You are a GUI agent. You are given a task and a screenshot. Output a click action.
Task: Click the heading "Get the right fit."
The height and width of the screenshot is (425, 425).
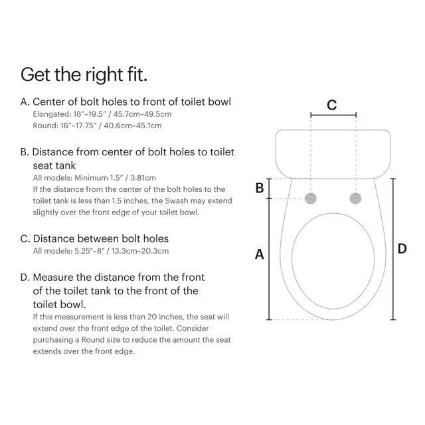pyautogui.click(x=84, y=74)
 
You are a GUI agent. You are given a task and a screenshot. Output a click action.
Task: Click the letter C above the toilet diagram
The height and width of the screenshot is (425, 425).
pyautogui.click(x=332, y=105)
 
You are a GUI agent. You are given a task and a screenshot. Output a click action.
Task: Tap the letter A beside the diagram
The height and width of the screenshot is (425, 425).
pyautogui.click(x=260, y=254)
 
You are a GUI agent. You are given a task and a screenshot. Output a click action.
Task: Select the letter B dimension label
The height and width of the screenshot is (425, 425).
pyautogui.click(x=260, y=189)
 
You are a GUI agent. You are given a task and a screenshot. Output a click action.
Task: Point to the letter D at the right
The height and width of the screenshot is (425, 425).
pyautogui.click(x=402, y=248)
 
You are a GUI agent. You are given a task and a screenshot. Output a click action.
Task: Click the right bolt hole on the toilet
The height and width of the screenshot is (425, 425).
pyautogui.click(x=355, y=198)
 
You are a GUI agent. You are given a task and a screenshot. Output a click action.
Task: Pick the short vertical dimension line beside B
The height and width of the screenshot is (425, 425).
pyautogui.click(x=268, y=188)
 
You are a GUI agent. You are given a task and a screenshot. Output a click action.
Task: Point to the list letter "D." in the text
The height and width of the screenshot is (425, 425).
pyautogui.click(x=25, y=277)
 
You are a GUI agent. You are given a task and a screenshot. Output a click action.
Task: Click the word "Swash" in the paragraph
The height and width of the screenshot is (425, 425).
pyautogui.click(x=183, y=201)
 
